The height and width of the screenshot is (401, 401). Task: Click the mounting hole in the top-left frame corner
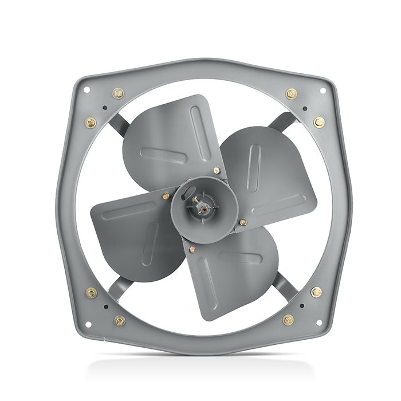click(87, 89)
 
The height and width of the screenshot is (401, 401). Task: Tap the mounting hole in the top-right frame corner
click(322, 90)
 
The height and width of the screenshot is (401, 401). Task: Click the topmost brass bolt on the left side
click(119, 93)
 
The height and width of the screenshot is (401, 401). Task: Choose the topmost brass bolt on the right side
click(291, 93)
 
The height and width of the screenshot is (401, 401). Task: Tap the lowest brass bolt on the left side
click(119, 321)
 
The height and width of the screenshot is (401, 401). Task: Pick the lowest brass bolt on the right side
click(288, 320)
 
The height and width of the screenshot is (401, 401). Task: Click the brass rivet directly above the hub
click(215, 170)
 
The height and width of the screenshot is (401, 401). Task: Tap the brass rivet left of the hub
click(166, 196)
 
